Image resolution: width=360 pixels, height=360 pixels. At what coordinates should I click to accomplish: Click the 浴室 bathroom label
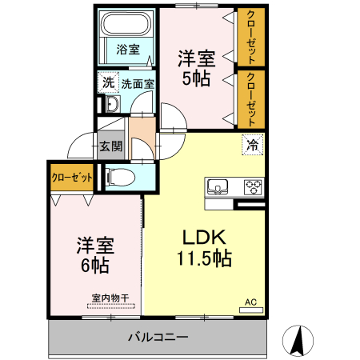127,49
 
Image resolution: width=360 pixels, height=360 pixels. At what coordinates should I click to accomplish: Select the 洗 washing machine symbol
107,82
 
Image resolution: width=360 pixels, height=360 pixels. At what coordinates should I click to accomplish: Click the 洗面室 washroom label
138,82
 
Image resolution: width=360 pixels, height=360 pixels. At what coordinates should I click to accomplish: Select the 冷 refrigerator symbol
252,146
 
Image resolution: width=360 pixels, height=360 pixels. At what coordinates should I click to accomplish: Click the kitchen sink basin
217,187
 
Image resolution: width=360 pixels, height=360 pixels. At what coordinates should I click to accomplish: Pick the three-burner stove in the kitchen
253,187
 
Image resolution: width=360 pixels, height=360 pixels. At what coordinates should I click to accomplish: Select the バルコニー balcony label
158,337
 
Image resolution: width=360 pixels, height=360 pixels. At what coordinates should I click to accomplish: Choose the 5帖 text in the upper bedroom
196,78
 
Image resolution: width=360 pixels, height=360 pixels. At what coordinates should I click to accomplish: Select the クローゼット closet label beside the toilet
72,177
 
